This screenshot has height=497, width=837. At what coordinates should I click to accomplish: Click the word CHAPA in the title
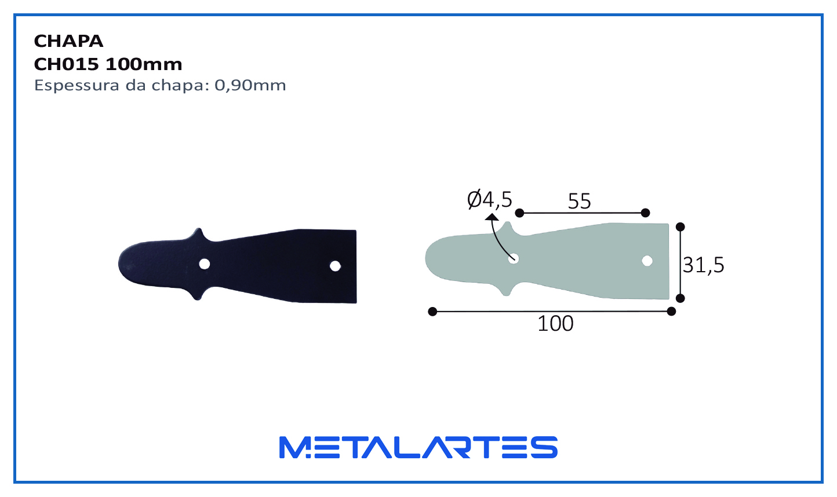(x=68, y=41)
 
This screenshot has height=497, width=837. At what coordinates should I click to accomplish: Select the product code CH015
(x=66, y=64)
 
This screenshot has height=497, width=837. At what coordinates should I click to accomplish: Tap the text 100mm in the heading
(x=144, y=64)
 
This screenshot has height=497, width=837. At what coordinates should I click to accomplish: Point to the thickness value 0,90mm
(x=250, y=86)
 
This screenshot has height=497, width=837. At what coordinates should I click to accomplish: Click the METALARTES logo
(x=418, y=447)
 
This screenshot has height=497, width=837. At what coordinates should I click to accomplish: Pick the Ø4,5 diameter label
(x=489, y=200)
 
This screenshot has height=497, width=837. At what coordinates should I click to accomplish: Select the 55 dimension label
(x=580, y=202)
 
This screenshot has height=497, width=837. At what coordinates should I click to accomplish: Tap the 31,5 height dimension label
(x=703, y=265)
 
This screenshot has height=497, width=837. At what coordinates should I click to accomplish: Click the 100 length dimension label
(x=555, y=324)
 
